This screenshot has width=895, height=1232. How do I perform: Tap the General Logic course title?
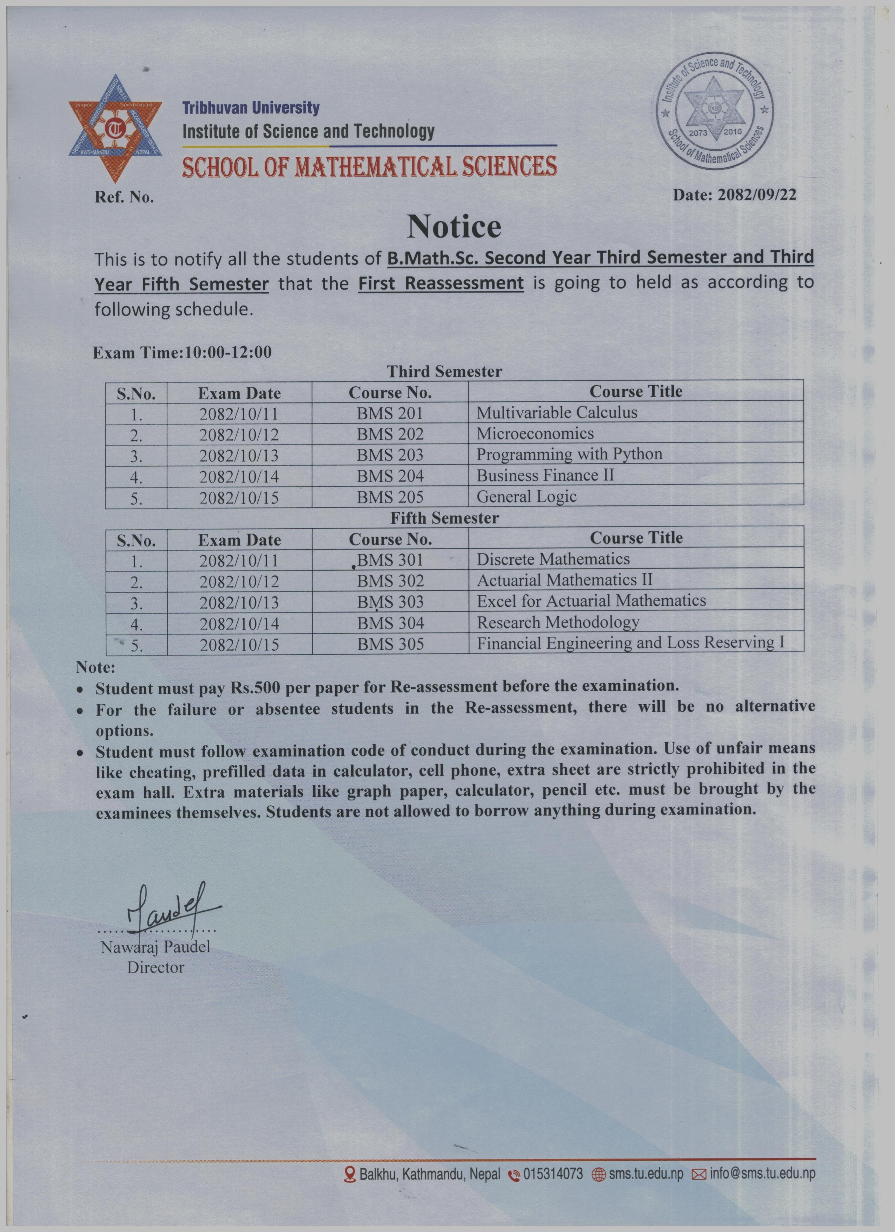click(526, 497)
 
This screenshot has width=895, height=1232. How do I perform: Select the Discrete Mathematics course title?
click(553, 559)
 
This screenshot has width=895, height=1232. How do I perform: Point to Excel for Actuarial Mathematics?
click(591, 601)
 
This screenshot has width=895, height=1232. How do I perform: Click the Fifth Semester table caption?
click(444, 518)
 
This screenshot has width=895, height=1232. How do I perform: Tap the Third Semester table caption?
click(444, 372)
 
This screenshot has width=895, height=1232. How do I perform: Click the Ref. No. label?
click(124, 197)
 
